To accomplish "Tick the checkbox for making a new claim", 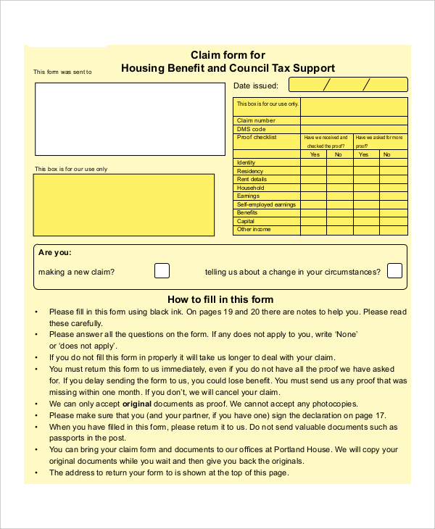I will (x=162, y=271).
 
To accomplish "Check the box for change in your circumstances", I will (x=394, y=271).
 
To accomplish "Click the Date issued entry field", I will (x=347, y=86).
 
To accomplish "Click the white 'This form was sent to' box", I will (x=130, y=119).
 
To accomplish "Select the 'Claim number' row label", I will (x=256, y=120).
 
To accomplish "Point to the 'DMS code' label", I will (x=252, y=129).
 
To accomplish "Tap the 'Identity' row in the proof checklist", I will (x=246, y=162).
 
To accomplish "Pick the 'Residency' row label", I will (x=250, y=171).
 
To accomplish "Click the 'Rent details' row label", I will (x=252, y=179).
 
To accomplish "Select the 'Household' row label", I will (x=251, y=188).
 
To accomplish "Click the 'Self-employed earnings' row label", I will (x=267, y=204).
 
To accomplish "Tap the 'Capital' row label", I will (x=246, y=221).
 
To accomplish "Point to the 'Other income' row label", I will (x=254, y=230).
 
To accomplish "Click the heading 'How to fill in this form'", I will (x=220, y=299).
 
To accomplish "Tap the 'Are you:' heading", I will (x=55, y=253).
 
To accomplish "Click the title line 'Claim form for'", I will (x=228, y=55).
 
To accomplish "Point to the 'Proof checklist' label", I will (x=257, y=137).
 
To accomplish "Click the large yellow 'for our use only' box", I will (x=125, y=205).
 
